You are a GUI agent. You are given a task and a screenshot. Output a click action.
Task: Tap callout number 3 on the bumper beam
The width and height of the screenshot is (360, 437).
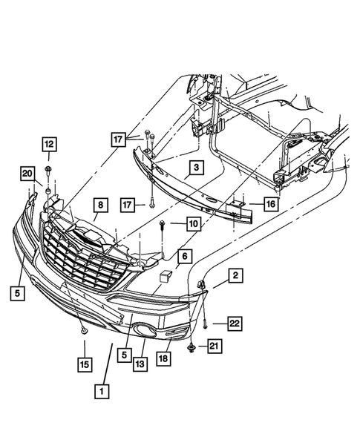(x=194, y=168)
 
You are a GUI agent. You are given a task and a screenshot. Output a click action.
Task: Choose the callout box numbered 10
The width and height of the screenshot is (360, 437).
(x=193, y=223)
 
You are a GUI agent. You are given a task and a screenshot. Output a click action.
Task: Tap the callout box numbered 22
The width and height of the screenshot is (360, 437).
(x=235, y=323)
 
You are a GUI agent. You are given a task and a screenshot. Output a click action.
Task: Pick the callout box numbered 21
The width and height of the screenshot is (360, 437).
(x=215, y=346)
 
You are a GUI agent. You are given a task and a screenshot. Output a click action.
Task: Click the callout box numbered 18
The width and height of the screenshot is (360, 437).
(x=163, y=358)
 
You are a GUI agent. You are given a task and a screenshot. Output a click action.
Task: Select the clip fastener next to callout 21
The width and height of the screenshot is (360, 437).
(x=192, y=346)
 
